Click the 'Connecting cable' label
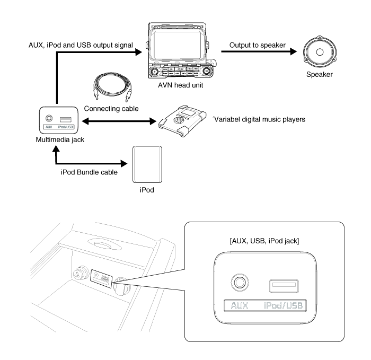coord(112,108)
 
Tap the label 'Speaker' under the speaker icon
coord(320,75)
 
